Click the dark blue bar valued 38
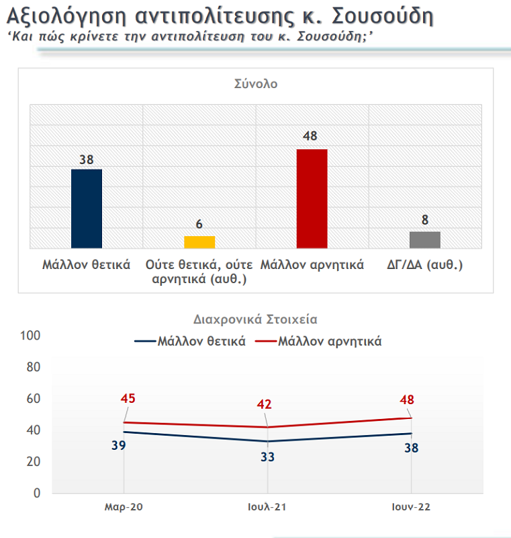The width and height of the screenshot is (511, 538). [x=87, y=208]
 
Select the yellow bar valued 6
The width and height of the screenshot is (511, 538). [x=199, y=242]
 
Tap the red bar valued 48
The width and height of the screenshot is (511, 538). [x=312, y=198]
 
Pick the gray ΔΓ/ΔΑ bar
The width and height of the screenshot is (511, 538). [x=425, y=240]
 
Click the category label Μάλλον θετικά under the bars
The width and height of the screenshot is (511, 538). [x=86, y=264]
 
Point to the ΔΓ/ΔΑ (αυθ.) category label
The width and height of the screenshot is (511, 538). [x=426, y=264]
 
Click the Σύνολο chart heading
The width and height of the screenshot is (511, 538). [x=256, y=84]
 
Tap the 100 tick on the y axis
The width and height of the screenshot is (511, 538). [x=31, y=336]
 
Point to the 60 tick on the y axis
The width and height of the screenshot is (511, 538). [x=34, y=399]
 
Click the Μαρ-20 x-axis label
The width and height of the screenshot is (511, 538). [x=124, y=506]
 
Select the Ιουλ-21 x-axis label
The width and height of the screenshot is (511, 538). [x=267, y=506]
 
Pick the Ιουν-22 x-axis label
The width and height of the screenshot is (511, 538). [x=411, y=506]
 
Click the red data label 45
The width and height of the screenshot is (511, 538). [x=128, y=399]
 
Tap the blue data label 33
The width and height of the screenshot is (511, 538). [x=268, y=457]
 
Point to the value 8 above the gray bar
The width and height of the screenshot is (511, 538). [x=425, y=220]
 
